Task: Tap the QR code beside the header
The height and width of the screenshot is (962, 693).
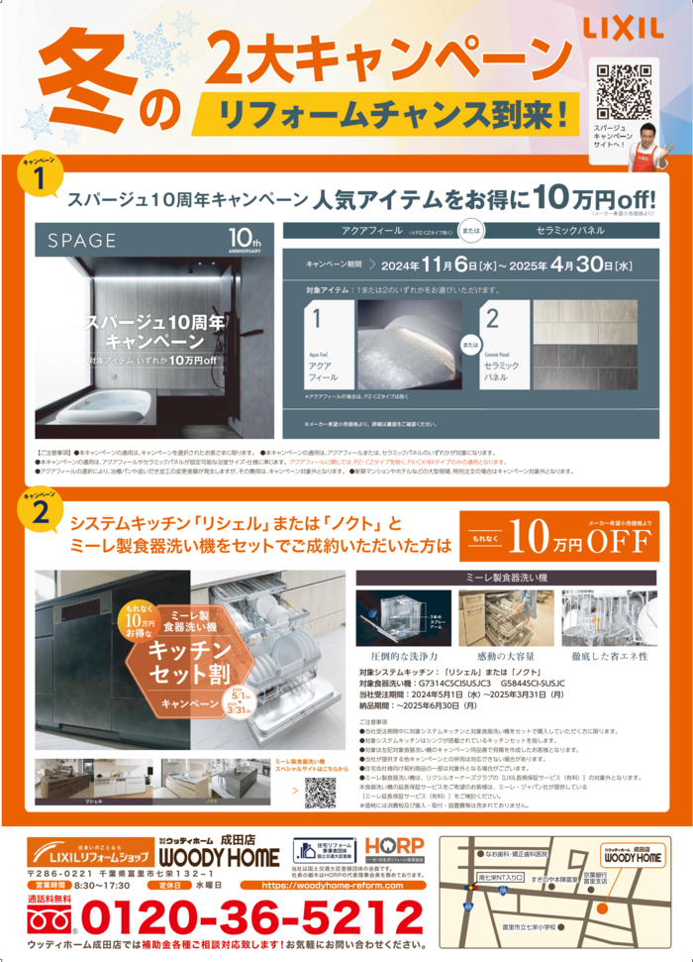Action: [x=625, y=92]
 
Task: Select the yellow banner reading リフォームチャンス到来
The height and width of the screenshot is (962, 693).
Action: [x=387, y=110]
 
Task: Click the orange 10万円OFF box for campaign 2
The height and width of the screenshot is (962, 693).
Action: [x=558, y=538]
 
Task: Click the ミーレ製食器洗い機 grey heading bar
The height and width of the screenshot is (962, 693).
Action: [x=506, y=576]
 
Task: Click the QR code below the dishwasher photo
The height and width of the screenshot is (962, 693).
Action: [x=320, y=794]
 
